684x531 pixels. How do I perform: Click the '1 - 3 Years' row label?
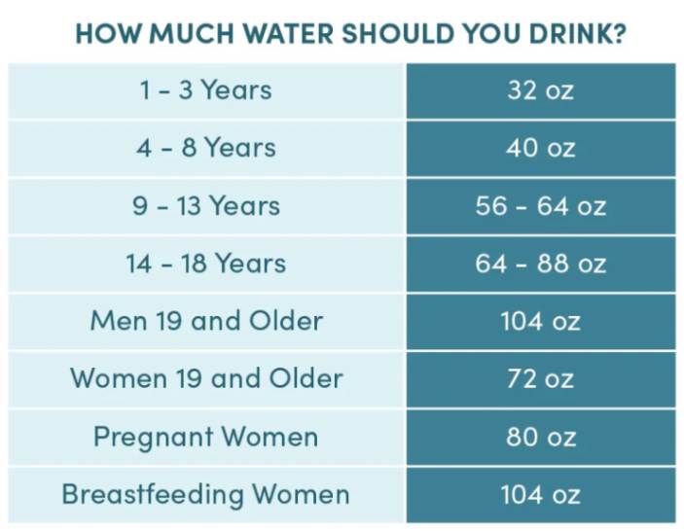click(205, 90)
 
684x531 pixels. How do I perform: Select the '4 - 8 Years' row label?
click(205, 148)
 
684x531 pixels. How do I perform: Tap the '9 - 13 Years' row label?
click(205, 206)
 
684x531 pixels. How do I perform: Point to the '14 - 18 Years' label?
click(205, 264)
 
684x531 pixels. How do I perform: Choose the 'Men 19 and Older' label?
click(205, 321)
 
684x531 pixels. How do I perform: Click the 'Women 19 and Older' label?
click(205, 378)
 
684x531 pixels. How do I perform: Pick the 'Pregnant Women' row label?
click(205, 437)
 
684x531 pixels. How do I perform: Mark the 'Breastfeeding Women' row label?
click(205, 494)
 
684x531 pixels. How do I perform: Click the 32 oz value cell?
click(540, 90)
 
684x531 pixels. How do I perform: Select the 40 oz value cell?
click(540, 148)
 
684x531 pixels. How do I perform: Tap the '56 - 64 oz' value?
click(540, 206)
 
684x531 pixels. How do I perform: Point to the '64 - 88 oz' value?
click(540, 264)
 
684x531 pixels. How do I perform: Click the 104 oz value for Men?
click(540, 321)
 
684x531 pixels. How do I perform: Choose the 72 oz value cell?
click(540, 378)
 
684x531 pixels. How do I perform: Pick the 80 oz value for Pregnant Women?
click(540, 437)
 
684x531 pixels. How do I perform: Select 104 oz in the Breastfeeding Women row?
click(540, 494)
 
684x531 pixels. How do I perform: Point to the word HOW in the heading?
click(100, 34)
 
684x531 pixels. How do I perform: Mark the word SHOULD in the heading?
click(392, 34)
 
